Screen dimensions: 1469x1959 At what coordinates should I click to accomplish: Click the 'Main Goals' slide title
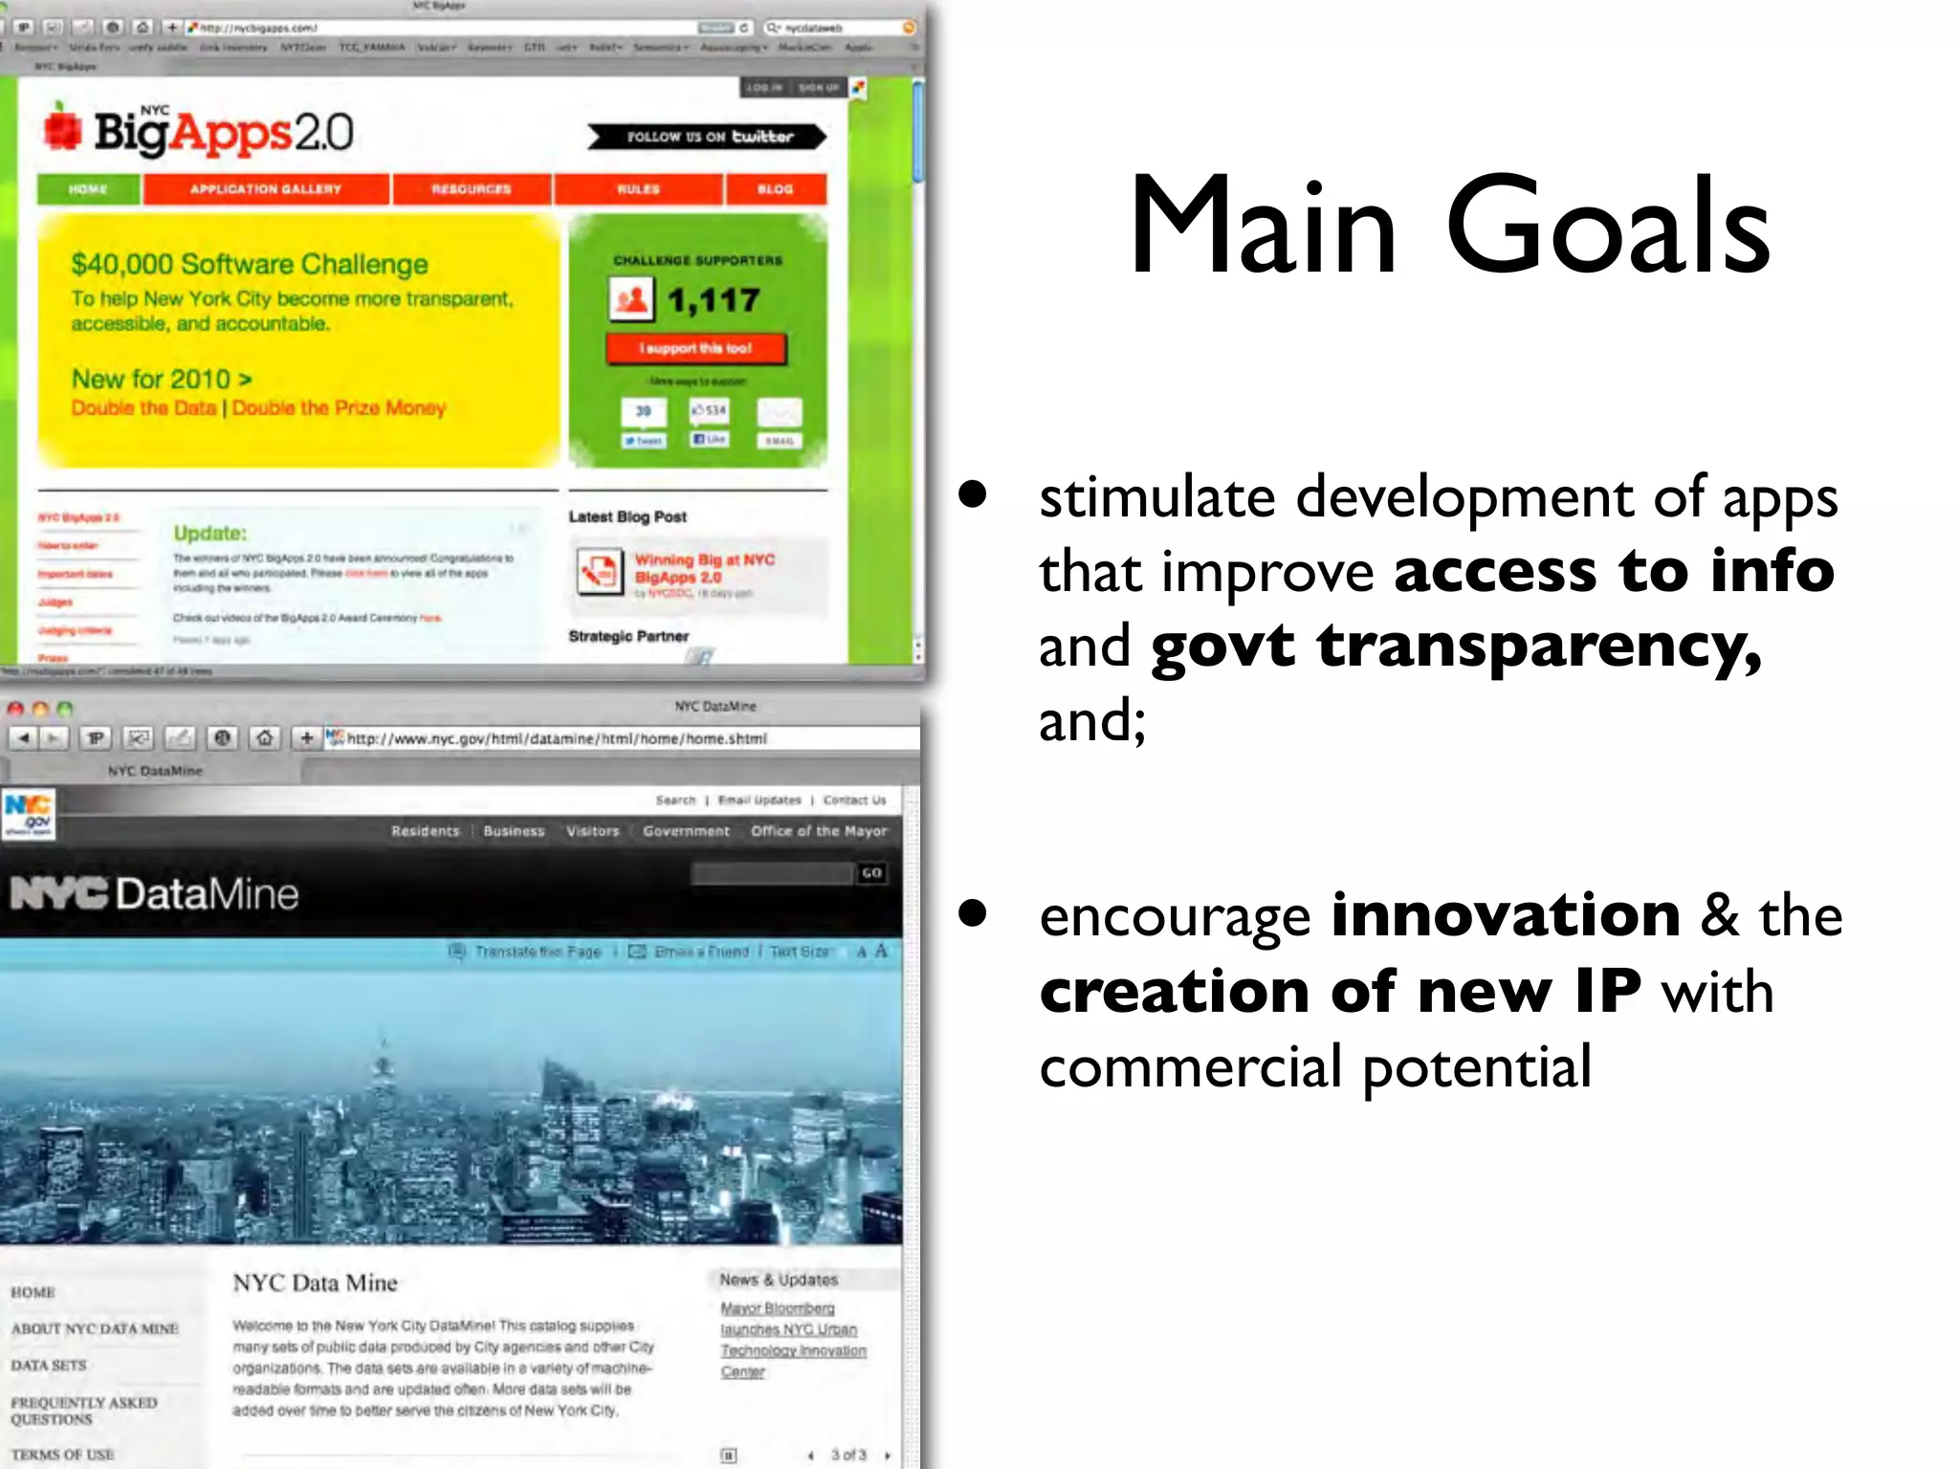[x=1449, y=227]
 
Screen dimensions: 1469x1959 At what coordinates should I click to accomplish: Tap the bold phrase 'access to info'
[x=1615, y=571]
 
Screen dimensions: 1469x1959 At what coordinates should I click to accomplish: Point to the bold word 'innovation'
[x=1506, y=915]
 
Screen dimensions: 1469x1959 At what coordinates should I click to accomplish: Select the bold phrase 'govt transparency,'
[x=1456, y=647]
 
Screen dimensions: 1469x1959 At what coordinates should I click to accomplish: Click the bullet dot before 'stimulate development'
[x=973, y=494]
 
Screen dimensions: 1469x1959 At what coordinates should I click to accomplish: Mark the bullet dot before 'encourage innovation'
[x=973, y=913]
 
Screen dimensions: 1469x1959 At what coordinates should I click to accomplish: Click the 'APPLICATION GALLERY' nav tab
[x=266, y=189]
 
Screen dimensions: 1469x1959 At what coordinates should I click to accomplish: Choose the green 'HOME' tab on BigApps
[x=88, y=189]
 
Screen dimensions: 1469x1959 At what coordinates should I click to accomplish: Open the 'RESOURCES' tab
[x=472, y=189]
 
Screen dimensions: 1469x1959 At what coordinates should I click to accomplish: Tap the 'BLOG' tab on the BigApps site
[x=775, y=189]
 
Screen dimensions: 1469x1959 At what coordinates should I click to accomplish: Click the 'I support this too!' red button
[x=696, y=348]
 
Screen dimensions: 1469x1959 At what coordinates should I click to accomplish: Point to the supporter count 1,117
[x=714, y=301]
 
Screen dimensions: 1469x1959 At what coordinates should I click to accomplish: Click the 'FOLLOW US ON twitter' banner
[x=708, y=137]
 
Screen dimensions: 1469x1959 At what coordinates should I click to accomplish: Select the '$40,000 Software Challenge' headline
[x=250, y=264]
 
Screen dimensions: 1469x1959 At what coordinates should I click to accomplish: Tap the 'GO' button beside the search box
[x=871, y=873]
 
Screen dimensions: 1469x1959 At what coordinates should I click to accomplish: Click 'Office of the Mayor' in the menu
[x=819, y=831]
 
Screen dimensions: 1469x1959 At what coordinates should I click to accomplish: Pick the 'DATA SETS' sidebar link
[x=49, y=1365]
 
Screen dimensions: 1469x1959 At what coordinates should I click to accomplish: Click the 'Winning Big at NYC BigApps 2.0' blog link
[x=704, y=568]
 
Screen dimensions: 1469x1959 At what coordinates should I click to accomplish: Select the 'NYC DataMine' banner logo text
[x=155, y=893]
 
